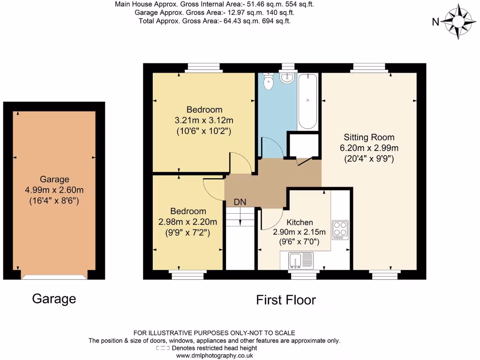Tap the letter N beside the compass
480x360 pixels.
[x=435, y=21]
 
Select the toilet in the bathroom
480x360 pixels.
[x=269, y=82]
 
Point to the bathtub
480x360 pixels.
[x=307, y=101]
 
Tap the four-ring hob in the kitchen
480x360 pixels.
[x=340, y=230]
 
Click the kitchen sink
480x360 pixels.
[x=296, y=260]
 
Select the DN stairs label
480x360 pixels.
[x=240, y=202]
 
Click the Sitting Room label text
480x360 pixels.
[x=369, y=137]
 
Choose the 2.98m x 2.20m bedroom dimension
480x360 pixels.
[x=188, y=222]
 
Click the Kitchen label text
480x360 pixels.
[x=300, y=222]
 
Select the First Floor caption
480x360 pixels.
[x=286, y=300]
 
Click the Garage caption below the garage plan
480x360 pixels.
[x=54, y=299]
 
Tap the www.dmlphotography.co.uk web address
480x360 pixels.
[x=215, y=356]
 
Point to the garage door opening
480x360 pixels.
[x=54, y=277]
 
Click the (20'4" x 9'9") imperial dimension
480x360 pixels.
[x=369, y=158]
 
